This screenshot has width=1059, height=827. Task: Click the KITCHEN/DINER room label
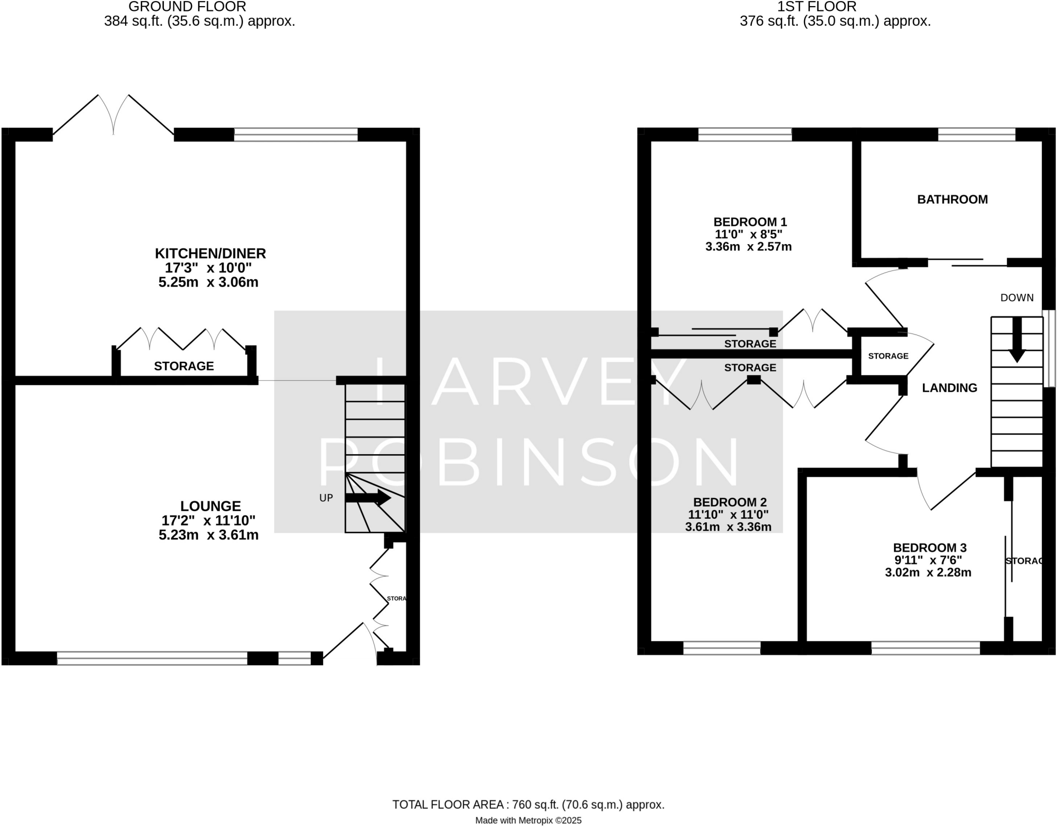(210, 253)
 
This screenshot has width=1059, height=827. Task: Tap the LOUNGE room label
(210, 506)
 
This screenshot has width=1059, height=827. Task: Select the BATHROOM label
(952, 200)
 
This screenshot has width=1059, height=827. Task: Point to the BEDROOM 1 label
(750, 222)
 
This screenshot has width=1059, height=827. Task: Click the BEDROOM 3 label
(929, 548)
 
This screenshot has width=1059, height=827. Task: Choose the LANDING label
(949, 388)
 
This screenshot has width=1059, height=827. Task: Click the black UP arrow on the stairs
(368, 498)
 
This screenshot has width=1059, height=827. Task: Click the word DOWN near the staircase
(1017, 298)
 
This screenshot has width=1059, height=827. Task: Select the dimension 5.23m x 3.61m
(208, 535)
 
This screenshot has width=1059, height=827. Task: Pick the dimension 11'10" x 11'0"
(728, 515)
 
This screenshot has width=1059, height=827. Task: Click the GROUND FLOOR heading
(187, 7)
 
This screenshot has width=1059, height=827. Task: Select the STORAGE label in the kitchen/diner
(184, 366)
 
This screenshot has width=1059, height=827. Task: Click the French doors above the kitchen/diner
(113, 116)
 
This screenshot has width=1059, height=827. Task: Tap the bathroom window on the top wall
(976, 134)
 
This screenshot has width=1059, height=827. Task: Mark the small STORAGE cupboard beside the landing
(887, 356)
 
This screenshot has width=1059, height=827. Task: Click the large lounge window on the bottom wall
(152, 658)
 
